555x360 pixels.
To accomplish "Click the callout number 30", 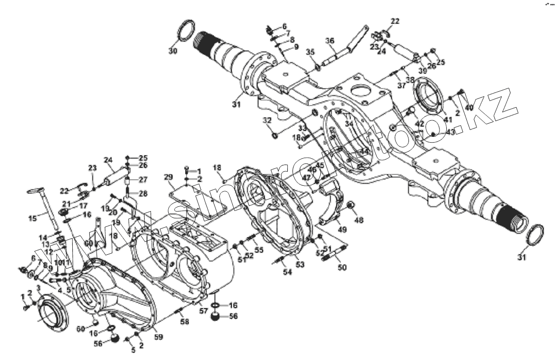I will [173, 51].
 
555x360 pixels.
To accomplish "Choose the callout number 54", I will [288, 272].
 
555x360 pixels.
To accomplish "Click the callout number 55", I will [260, 250].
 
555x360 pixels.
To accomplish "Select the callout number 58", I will [184, 322].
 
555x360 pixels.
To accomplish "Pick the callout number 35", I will [310, 52].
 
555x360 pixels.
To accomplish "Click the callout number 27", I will [130, 180].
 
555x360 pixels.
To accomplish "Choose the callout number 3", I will [38, 289].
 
